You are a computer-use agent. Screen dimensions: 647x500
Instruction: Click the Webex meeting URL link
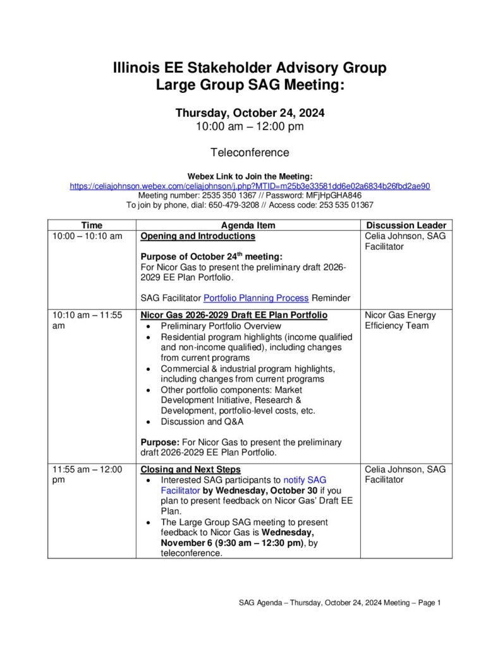coord(250,186)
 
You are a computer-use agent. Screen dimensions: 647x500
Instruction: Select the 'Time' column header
coord(92,225)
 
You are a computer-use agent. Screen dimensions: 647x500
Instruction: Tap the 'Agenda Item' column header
coord(248,225)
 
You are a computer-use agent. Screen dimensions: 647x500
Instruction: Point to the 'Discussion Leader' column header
coord(406,225)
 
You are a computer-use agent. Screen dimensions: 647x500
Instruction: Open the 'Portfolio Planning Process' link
coord(255,298)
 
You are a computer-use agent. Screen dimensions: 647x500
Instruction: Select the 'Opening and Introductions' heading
coord(198,236)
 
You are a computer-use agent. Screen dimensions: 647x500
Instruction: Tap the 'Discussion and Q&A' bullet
coord(202,421)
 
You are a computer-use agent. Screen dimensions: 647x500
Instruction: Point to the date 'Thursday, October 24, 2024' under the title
coord(250,113)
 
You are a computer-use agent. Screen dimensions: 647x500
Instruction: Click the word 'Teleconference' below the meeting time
coord(250,152)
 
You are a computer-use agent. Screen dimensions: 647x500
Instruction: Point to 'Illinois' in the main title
coord(138,68)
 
